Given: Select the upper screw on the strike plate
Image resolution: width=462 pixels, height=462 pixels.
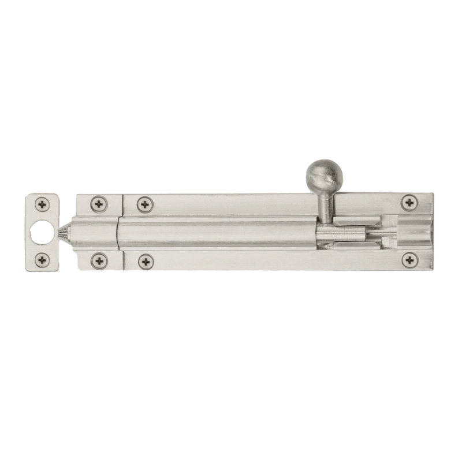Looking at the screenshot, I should (42, 204).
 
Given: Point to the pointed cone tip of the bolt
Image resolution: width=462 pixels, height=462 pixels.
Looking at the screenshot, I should (64, 233).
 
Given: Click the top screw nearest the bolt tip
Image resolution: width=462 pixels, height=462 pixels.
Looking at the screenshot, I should (99, 204).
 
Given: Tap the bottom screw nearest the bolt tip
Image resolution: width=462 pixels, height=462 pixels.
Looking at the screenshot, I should (99, 262).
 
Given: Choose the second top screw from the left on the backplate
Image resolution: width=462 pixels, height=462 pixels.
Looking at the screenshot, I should (145, 204).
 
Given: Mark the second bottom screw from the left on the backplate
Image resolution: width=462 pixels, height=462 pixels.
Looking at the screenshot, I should (145, 262).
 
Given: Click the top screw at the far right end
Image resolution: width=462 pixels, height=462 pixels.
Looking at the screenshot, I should (409, 202).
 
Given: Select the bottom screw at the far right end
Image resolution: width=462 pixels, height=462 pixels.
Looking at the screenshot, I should (409, 260).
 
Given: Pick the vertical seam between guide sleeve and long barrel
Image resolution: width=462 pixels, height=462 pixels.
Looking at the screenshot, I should (118, 233).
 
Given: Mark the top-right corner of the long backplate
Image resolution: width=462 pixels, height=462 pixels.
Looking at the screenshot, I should (433, 195).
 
